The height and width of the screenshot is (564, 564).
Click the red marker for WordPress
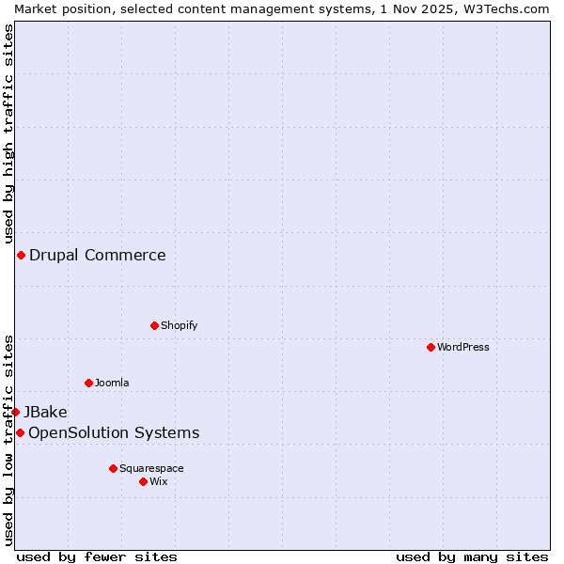pyautogui.click(x=431, y=347)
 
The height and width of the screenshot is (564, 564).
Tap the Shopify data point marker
pyautogui.click(x=154, y=325)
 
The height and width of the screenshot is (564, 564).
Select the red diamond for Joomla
pyautogui.click(x=88, y=383)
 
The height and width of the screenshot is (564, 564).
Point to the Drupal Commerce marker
pyautogui.click(x=21, y=255)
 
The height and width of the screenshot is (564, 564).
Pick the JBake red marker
pyautogui.click(x=15, y=412)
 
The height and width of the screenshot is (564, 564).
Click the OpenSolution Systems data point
pyautogui.click(x=20, y=432)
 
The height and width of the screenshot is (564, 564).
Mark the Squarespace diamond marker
pyautogui.click(x=113, y=468)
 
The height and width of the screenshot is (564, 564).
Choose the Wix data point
pyautogui.click(x=143, y=481)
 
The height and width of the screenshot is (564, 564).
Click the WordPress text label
pyautogui.click(x=463, y=347)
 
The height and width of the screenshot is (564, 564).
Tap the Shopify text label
pyautogui.click(x=180, y=325)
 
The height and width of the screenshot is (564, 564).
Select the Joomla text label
pyautogui.click(x=112, y=383)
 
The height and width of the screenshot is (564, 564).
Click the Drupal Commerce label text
pyautogui.click(x=98, y=255)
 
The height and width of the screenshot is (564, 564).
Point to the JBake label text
pyautogui.click(x=45, y=412)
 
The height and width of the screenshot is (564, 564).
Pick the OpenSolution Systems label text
pyautogui.click(x=114, y=432)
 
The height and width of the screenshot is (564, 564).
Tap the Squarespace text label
pyautogui.click(x=151, y=468)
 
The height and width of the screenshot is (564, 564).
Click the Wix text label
pyautogui.click(x=159, y=481)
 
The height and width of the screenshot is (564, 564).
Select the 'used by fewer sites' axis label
pyautogui.click(x=97, y=556)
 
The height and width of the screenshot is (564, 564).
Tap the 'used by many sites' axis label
pyautogui.click(x=472, y=556)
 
